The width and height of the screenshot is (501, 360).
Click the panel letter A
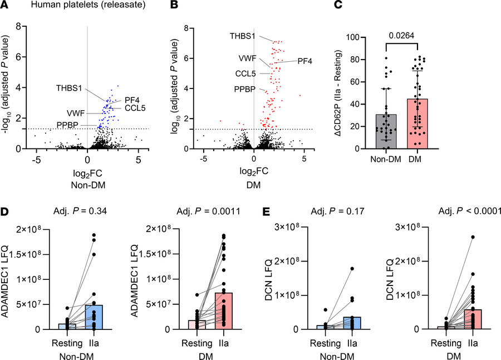click(5, 7)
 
